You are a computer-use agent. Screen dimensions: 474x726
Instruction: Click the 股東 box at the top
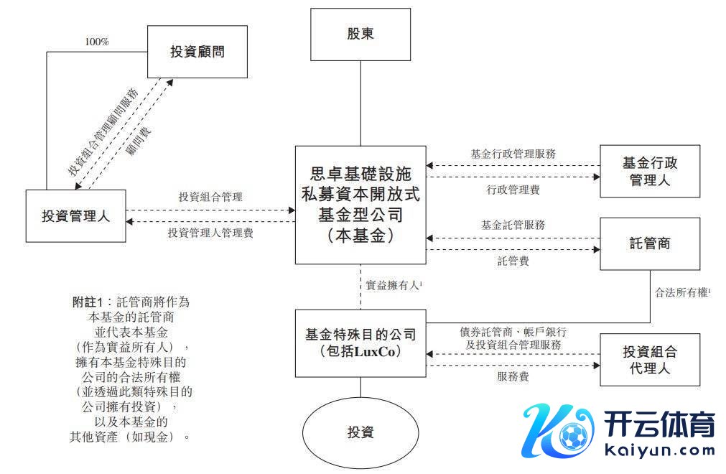(x=360, y=34)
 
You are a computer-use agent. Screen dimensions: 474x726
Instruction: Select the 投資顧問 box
(x=197, y=52)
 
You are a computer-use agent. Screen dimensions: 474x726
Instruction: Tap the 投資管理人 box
(x=75, y=215)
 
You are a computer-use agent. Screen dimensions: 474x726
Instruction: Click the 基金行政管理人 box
(x=650, y=172)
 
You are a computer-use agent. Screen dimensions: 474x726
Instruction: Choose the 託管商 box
(x=650, y=243)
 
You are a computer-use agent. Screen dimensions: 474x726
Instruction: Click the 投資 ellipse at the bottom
(x=360, y=433)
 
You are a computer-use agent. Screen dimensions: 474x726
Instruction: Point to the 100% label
(x=97, y=42)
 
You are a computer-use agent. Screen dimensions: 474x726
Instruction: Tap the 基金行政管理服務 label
(x=513, y=154)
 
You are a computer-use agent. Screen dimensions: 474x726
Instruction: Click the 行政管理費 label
(x=513, y=190)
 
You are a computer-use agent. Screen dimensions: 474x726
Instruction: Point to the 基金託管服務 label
(x=513, y=225)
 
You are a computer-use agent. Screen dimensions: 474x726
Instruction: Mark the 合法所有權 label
(x=681, y=293)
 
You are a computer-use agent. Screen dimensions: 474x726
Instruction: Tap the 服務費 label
(x=513, y=376)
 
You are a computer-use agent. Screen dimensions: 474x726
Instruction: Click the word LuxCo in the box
(x=376, y=352)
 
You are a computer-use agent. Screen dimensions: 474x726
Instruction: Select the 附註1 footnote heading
(x=89, y=302)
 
